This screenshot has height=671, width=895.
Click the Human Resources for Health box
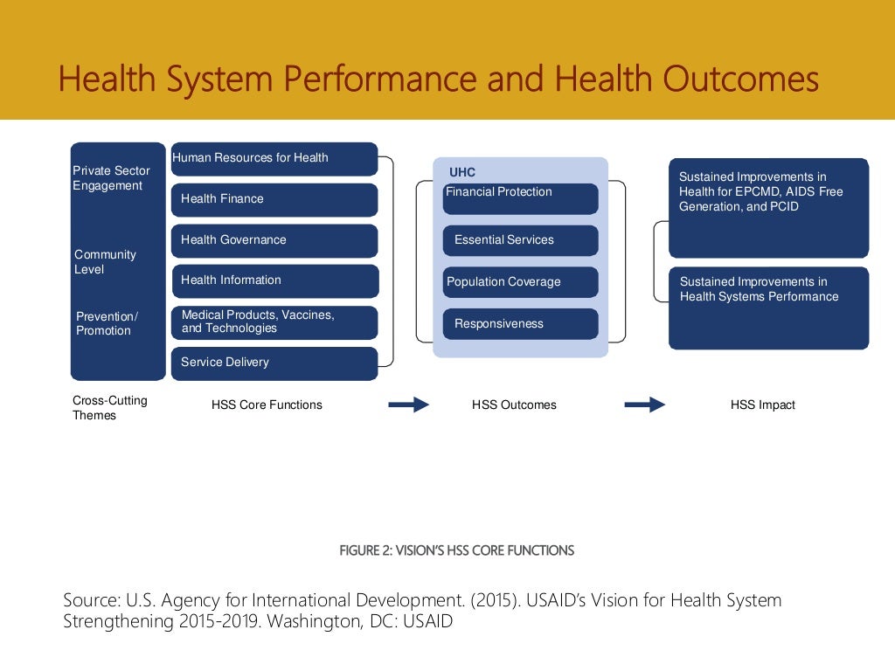[x=274, y=159]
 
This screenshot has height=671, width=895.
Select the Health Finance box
[x=274, y=199]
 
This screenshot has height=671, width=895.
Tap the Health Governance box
[x=274, y=240]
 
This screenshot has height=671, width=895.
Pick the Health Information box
[x=274, y=280]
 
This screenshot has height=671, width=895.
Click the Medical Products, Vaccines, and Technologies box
[x=274, y=322]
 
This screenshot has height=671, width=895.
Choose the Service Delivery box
[x=274, y=363]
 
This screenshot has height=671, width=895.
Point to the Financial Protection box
[x=520, y=197]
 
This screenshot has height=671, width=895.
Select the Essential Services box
[x=520, y=240]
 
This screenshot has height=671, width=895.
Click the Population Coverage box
[x=520, y=282]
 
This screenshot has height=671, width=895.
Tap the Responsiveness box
[x=520, y=324]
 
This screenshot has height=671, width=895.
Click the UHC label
[x=462, y=172]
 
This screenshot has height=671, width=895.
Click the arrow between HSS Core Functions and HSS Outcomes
[x=408, y=405]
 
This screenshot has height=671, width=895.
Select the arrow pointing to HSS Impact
[x=645, y=405]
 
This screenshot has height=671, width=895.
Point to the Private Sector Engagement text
[x=111, y=178]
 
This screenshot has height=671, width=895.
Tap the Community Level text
[x=105, y=262]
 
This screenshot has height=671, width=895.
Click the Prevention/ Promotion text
[x=107, y=323]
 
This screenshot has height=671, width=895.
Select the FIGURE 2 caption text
[x=456, y=550]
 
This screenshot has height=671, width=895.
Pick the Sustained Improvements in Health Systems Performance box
[x=768, y=308]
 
